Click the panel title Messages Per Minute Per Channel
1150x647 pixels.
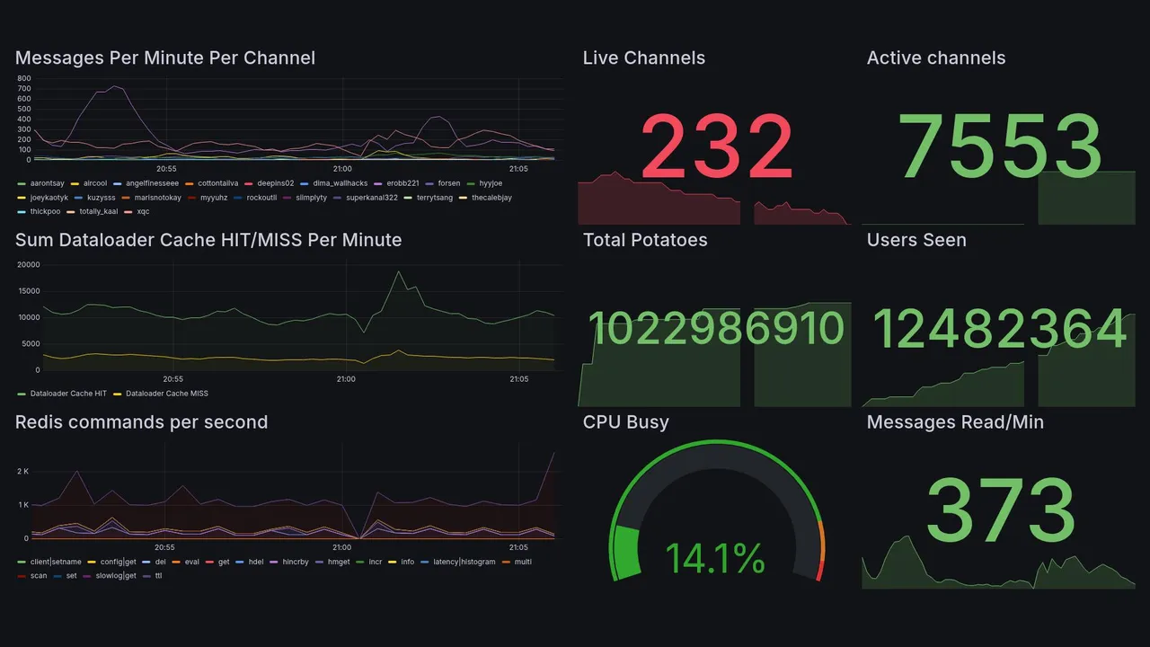(165, 58)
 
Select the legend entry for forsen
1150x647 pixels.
(448, 183)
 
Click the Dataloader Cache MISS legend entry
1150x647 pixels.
(166, 394)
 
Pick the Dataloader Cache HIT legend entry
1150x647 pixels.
(68, 394)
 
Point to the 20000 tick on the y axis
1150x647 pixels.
(29, 265)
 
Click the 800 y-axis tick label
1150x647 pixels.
(24, 79)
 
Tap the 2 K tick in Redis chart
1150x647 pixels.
(23, 472)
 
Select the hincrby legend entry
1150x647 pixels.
(295, 562)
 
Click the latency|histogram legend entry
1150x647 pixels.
(464, 562)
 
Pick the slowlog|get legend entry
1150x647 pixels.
(116, 576)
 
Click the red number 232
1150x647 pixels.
(716, 146)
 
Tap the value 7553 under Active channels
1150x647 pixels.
(999, 146)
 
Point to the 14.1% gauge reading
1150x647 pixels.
(716, 558)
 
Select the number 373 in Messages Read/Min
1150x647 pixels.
(999, 510)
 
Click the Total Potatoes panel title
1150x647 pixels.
(645, 240)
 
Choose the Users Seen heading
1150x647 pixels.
(916, 240)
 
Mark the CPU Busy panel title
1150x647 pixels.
(625, 422)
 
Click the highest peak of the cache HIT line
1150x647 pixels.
(399, 271)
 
